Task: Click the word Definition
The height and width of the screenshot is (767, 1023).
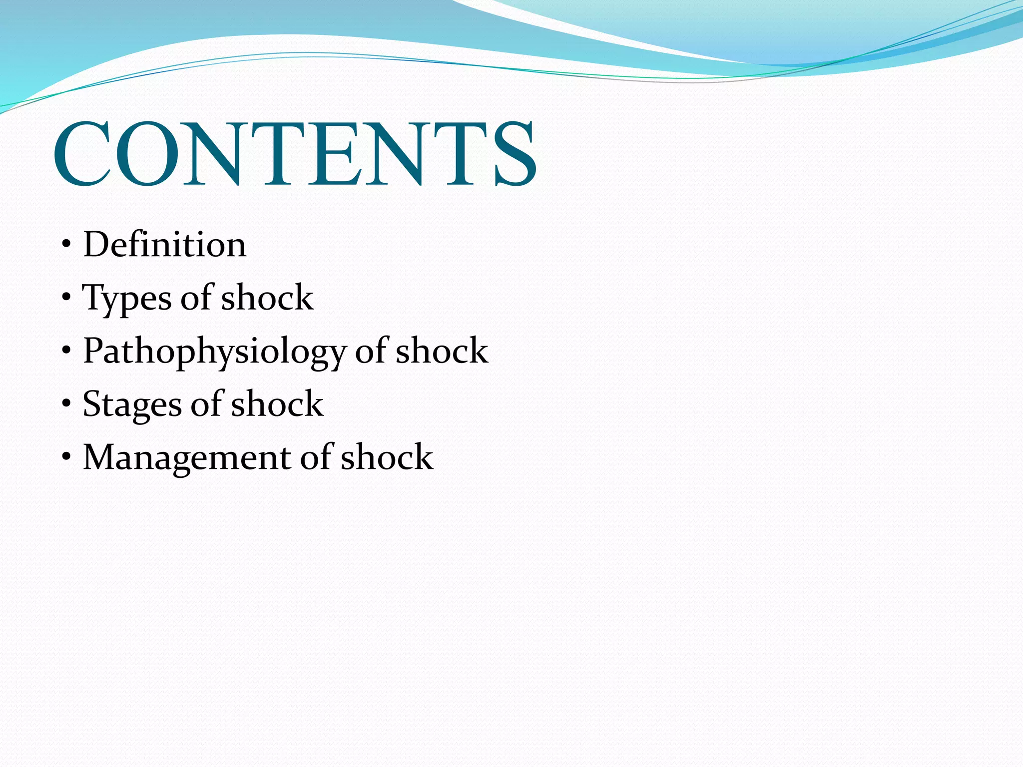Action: point(165,245)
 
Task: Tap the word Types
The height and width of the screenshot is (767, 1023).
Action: point(127,299)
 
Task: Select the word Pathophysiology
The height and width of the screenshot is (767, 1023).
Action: point(214,352)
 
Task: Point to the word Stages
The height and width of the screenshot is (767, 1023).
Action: point(132,404)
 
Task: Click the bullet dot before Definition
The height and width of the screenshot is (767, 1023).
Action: point(66,245)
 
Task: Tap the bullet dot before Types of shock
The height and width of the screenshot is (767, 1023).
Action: point(66,299)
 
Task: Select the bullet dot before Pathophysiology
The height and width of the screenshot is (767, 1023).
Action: point(66,352)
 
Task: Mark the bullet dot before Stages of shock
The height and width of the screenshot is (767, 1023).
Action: point(66,404)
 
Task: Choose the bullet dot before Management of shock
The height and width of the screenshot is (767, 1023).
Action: point(66,457)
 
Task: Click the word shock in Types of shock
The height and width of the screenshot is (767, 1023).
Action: point(267,298)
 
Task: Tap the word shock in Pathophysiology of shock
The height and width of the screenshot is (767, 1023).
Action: point(442,351)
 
